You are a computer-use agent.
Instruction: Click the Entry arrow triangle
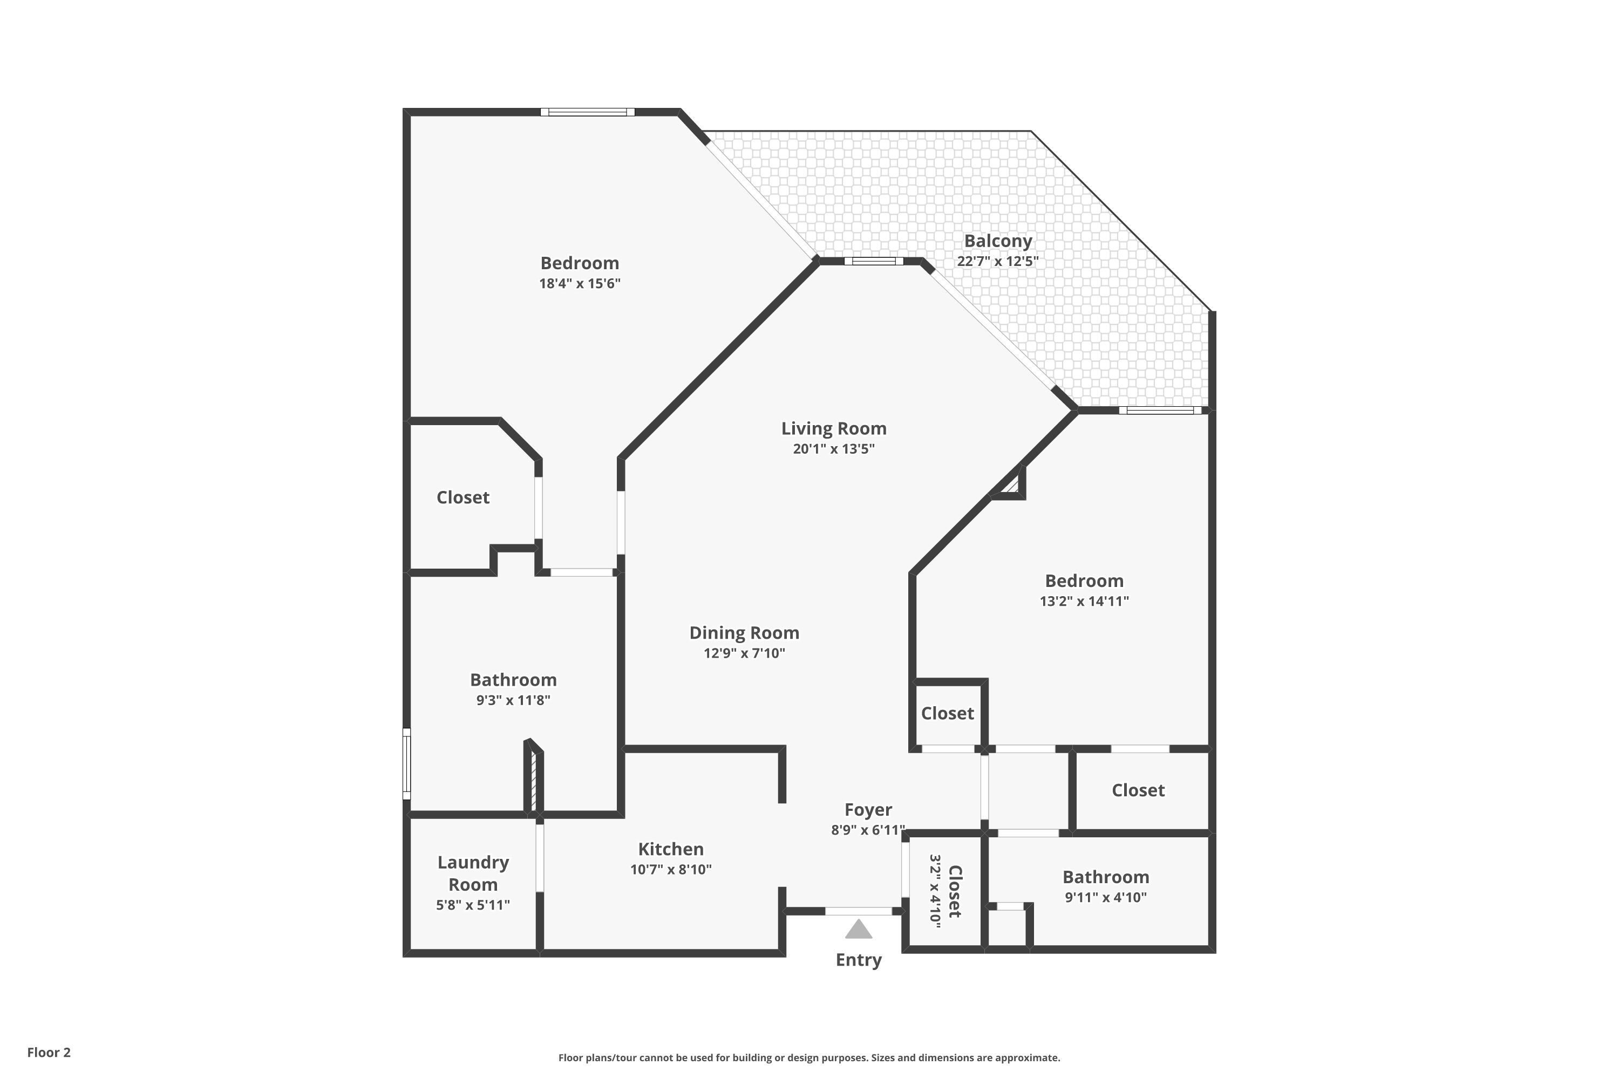click(859, 930)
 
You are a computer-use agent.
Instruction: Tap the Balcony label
click(997, 241)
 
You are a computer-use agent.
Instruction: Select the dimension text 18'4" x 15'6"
click(580, 284)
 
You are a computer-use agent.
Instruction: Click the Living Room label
click(834, 429)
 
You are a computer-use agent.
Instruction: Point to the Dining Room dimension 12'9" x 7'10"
click(744, 653)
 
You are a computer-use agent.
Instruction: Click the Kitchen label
click(670, 849)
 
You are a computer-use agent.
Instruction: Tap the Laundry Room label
click(473, 873)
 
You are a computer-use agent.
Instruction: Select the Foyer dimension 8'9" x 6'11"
click(867, 830)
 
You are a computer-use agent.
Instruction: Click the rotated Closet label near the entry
click(955, 891)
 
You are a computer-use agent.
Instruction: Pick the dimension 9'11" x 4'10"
click(1105, 897)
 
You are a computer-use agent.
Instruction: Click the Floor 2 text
click(49, 1052)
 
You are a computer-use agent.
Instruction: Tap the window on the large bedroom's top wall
click(587, 112)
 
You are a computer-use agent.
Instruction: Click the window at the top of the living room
click(874, 261)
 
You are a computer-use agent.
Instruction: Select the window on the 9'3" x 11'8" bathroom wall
click(407, 764)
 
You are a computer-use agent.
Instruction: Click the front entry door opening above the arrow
click(859, 911)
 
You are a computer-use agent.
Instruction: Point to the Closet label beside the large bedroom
click(462, 497)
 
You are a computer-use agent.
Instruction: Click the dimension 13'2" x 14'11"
click(1084, 602)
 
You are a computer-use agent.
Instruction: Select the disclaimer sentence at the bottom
click(809, 1057)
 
